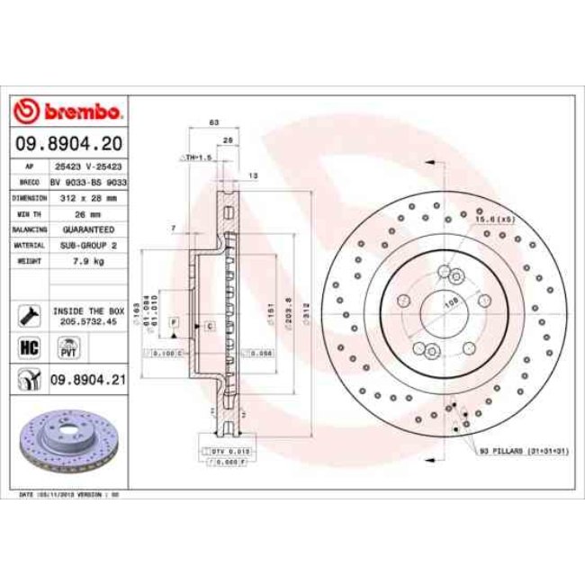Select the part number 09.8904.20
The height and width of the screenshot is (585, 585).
tap(70, 144)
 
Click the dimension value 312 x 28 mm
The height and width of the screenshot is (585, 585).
tap(88, 197)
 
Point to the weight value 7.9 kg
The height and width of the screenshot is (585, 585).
tap(88, 261)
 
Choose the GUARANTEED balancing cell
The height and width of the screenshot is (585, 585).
tap(88, 229)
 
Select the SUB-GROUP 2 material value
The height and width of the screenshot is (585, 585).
tap(88, 245)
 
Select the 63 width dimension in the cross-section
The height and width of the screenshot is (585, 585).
tap(213, 121)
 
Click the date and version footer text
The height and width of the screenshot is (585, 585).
tap(70, 494)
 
